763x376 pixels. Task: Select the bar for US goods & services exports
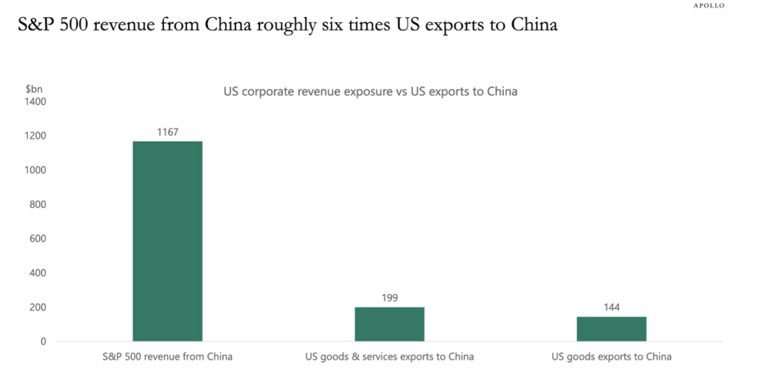[x=389, y=324]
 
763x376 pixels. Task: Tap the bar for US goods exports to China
[x=611, y=328]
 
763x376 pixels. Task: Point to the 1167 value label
[x=168, y=132]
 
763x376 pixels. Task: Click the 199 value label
[x=389, y=298]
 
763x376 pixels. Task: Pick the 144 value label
[x=611, y=308]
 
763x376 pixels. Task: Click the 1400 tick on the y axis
[x=35, y=101]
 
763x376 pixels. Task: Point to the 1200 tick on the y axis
[x=35, y=136]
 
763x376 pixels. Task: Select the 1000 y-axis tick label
[x=35, y=170]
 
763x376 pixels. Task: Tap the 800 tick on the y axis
[x=38, y=204]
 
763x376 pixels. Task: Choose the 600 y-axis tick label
[x=38, y=238]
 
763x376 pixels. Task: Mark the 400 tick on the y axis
[x=38, y=273]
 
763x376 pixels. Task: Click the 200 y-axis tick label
[x=38, y=307]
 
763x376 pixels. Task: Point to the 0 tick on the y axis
[x=43, y=341]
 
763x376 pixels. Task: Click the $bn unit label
[x=34, y=89]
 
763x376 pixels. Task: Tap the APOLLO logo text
[x=709, y=5]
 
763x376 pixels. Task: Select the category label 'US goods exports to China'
[x=611, y=357]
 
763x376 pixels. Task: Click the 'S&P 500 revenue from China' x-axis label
[x=168, y=357]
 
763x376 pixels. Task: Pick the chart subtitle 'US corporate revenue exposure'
[x=370, y=92]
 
